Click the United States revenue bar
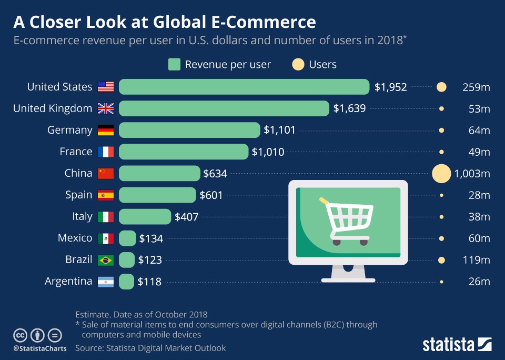tap(244, 87)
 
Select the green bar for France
tap(184, 152)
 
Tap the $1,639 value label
tap(349, 108)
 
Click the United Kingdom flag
tap(106, 108)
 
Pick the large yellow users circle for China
tap(441, 173)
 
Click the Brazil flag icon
tap(106, 260)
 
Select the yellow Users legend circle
tap(298, 65)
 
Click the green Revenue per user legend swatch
tap(174, 65)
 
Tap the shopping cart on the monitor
tap(348, 220)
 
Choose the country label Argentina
tap(68, 282)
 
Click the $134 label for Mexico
tap(151, 238)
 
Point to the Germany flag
tap(106, 130)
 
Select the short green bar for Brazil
tap(127, 260)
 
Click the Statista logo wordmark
tap(449, 345)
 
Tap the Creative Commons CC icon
tap(20, 335)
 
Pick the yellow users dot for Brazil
tap(441, 260)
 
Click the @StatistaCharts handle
tap(40, 348)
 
